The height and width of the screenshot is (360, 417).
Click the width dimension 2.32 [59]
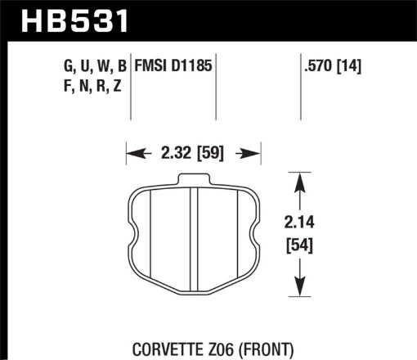point(193,151)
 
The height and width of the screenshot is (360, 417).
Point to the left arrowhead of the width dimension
point(132,151)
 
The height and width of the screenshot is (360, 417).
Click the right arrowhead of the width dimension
point(254,151)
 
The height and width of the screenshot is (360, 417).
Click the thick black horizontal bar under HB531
point(208,37)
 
